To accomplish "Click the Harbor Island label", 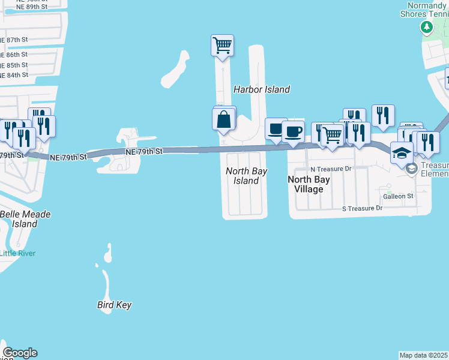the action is pyautogui.click(x=261, y=89).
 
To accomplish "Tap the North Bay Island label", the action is pyautogui.click(x=246, y=176).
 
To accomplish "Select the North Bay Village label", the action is pyautogui.click(x=310, y=184).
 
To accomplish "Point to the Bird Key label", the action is pyautogui.click(x=114, y=305).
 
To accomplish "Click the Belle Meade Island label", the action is pyautogui.click(x=25, y=219).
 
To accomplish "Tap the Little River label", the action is pyautogui.click(x=17, y=253).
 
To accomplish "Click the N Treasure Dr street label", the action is pyautogui.click(x=331, y=169).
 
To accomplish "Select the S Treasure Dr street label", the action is pyautogui.click(x=362, y=208).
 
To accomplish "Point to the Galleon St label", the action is pyautogui.click(x=398, y=196).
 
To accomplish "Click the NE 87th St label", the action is pyautogui.click(x=14, y=40).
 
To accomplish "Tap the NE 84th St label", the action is pyautogui.click(x=14, y=75).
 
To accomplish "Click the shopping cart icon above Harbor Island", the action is pyautogui.click(x=222, y=45).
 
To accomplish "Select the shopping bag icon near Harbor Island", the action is pyautogui.click(x=223, y=119).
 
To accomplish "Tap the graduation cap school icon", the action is pyautogui.click(x=402, y=153).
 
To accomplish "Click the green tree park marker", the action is pyautogui.click(x=426, y=27).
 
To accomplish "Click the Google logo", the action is pyautogui.click(x=20, y=353).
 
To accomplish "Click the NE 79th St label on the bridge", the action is pyautogui.click(x=144, y=152).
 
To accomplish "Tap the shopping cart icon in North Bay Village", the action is pyautogui.click(x=332, y=135).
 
